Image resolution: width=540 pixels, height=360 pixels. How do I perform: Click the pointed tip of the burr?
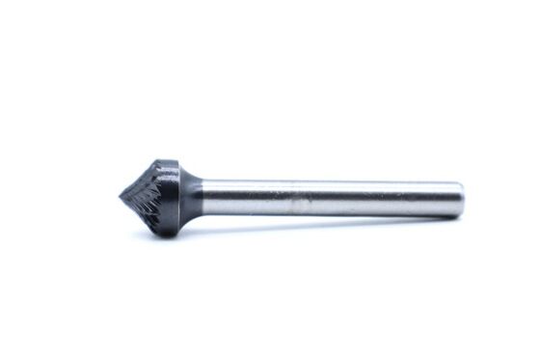click(121, 197)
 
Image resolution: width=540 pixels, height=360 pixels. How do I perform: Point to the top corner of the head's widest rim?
click(163, 160)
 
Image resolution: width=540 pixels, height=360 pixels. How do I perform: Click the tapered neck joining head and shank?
click(191, 199)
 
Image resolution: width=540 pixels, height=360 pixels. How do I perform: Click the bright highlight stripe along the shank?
click(328, 195)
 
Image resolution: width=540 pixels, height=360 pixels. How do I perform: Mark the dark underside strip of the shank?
click(328, 213)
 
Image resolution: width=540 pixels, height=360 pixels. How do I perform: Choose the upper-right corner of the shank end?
click(457, 183)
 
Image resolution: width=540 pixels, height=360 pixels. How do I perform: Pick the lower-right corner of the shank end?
click(457, 215)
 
